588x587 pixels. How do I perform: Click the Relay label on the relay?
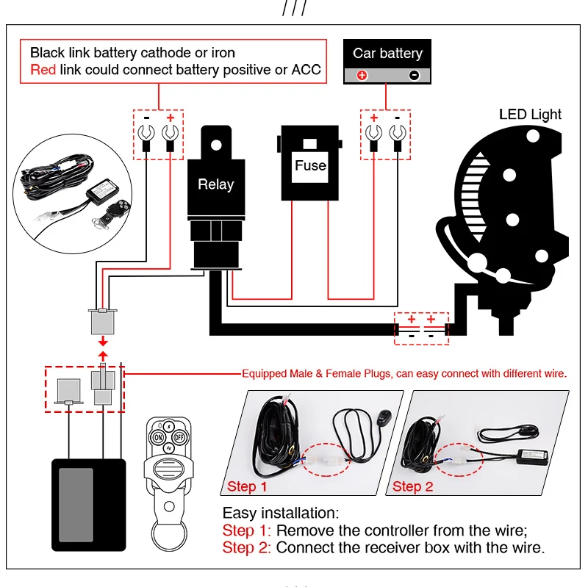tap(215, 185)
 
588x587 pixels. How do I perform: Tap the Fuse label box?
tap(310, 165)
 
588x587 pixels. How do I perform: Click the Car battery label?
tap(387, 53)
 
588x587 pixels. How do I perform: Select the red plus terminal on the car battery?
tap(361, 75)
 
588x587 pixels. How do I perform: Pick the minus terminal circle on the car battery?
tap(414, 75)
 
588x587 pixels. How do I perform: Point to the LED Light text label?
tap(530, 115)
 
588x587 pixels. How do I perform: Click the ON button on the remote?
tap(157, 436)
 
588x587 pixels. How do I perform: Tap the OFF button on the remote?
tap(179, 436)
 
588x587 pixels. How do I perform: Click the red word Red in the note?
tap(42, 70)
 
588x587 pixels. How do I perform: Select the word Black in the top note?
tap(46, 53)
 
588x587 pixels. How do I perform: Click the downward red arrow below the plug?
tap(103, 341)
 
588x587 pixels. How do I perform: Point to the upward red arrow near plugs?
tap(103, 356)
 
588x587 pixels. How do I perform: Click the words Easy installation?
tap(279, 514)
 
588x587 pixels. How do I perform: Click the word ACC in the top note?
tap(306, 70)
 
